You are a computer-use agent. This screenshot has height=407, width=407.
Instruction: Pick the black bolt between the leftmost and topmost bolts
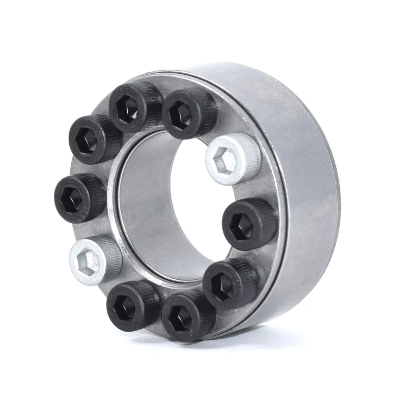[95, 138]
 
